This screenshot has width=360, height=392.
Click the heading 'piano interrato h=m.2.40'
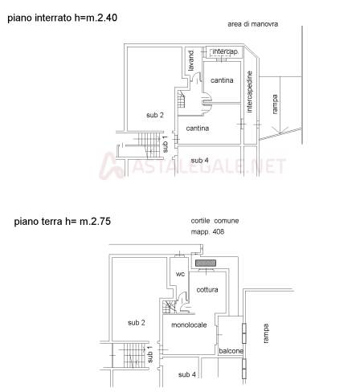click(62, 18)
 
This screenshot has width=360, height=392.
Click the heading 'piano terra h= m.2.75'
click(62, 222)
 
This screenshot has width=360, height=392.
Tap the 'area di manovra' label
click(252, 24)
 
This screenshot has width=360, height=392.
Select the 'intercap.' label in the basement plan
click(225, 51)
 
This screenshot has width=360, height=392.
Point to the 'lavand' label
click(190, 61)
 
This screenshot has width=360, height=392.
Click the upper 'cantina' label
click(222, 80)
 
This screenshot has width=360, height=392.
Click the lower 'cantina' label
click(198, 129)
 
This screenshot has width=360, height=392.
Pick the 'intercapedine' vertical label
click(249, 92)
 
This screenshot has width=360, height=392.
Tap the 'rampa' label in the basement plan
click(275, 104)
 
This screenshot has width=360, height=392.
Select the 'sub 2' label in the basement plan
click(155, 115)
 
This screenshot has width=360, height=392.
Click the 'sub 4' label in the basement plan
click(199, 161)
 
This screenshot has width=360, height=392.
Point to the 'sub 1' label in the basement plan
click(166, 145)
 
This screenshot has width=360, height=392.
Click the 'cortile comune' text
click(215, 221)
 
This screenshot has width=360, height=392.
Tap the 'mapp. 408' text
click(207, 231)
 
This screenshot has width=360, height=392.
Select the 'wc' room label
click(180, 274)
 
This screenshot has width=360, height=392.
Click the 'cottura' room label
click(207, 289)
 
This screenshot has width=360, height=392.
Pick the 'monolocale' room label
click(189, 325)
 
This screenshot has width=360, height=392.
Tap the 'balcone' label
click(231, 351)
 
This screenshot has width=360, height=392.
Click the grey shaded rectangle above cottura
click(206, 263)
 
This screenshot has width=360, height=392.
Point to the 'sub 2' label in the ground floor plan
click(137, 323)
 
